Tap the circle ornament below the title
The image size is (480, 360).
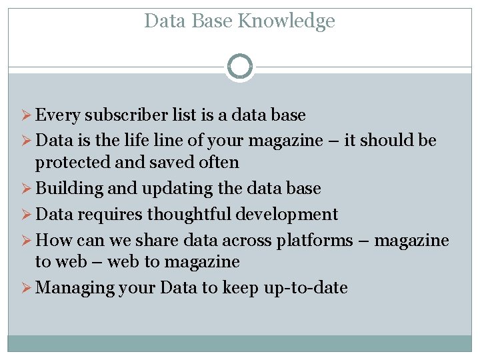click(x=239, y=67)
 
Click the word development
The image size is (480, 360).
click(x=291, y=214)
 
